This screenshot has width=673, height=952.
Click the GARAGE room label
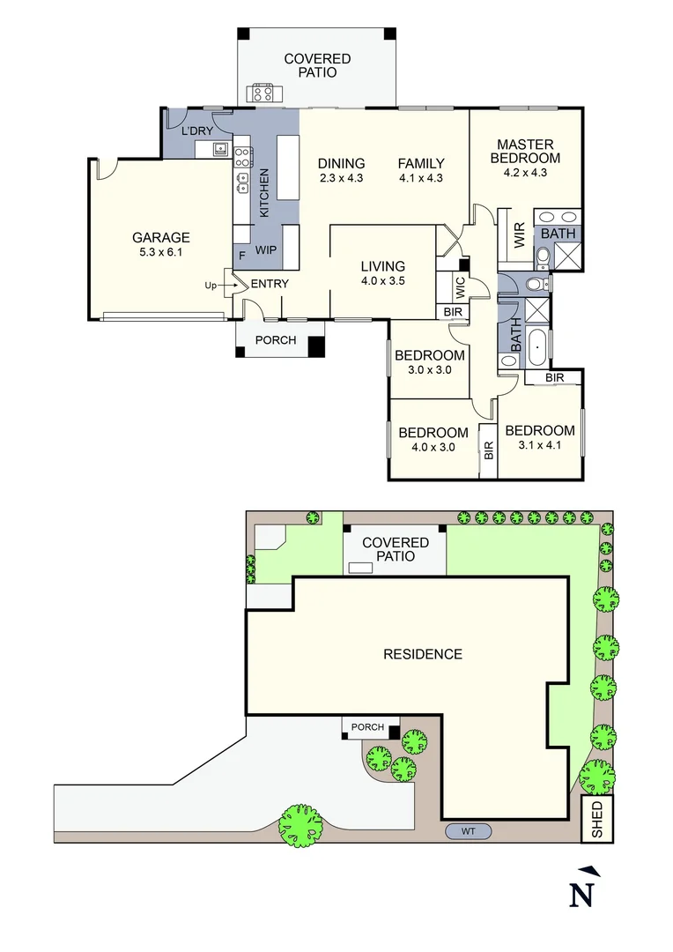(161, 237)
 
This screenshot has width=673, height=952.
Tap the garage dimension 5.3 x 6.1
(161, 252)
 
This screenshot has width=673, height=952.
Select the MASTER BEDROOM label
(525, 152)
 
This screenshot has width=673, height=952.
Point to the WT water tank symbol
(468, 830)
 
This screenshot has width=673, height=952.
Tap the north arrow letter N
(580, 895)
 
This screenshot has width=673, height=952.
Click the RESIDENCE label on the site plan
(422, 654)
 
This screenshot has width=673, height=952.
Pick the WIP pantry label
(266, 250)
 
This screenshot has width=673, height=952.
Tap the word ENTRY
(270, 284)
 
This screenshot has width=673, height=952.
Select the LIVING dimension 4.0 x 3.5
(382, 282)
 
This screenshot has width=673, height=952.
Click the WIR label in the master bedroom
(520, 235)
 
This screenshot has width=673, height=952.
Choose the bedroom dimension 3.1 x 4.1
(539, 445)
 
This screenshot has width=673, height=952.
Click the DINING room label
(341, 163)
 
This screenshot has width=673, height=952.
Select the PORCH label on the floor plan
(276, 340)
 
